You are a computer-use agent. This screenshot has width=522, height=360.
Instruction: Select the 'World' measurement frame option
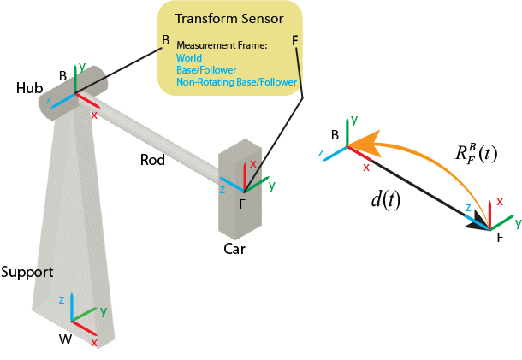point(188,58)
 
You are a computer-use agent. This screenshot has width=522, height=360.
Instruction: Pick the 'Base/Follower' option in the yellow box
point(205,70)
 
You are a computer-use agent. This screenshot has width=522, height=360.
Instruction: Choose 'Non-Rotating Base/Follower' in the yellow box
point(236,82)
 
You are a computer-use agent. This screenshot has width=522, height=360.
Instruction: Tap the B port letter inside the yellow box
point(166,40)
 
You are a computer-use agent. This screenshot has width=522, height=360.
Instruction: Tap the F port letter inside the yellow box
point(295,40)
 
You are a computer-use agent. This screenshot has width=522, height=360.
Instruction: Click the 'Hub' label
point(27,88)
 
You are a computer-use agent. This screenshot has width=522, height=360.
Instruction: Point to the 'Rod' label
point(154,159)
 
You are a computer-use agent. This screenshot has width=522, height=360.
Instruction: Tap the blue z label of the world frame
point(62,300)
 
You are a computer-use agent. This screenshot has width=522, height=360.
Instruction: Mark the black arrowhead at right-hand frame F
point(474,224)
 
